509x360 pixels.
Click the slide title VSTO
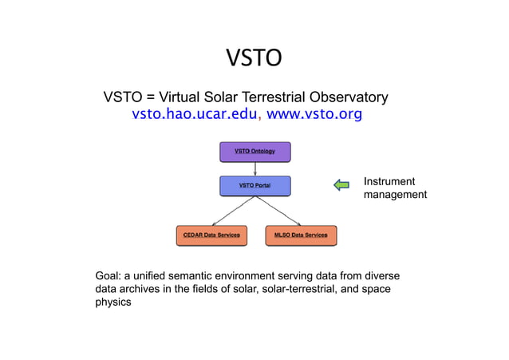254,58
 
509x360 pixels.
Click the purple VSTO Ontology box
254,152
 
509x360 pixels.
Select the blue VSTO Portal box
254,186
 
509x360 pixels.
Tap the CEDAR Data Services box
211,235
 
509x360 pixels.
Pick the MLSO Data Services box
301,235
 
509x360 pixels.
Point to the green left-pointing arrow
341,185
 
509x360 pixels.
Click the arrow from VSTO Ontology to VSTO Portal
254,168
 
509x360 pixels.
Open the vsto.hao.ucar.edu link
195,114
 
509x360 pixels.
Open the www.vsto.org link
314,114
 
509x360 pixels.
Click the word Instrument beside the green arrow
389,181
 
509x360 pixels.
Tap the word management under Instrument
395,195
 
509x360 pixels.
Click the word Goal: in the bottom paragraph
109,275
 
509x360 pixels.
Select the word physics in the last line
113,303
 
